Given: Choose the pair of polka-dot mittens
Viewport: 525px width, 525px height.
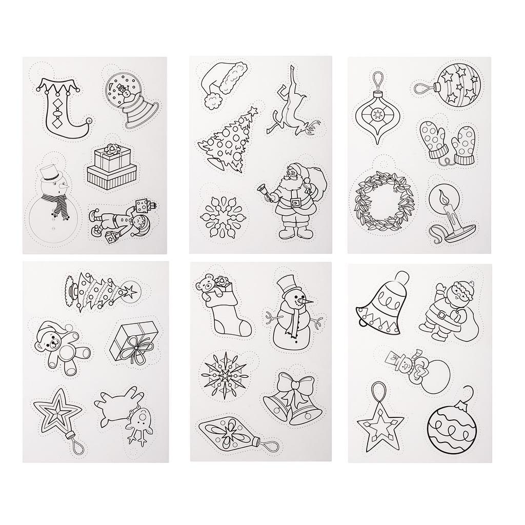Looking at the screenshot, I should click(x=447, y=139).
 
